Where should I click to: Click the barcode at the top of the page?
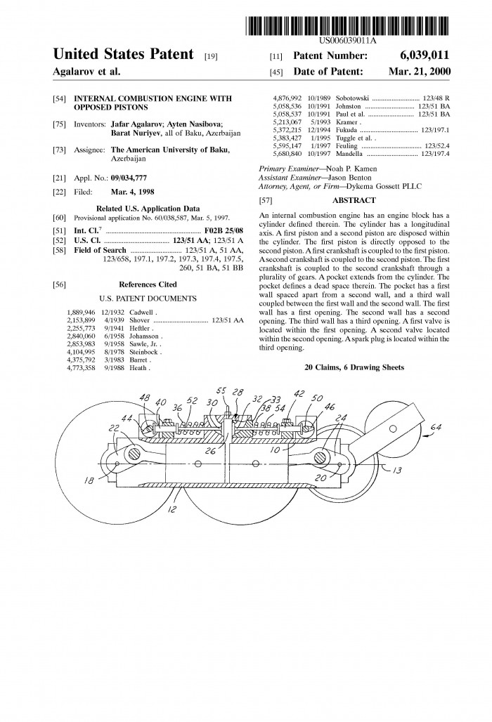coord(349,26)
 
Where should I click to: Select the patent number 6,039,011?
coord(425,55)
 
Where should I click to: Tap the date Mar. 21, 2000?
coord(419,72)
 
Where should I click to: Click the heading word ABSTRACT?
coord(354,200)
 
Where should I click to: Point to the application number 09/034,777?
coord(129,178)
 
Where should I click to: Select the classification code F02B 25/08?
coord(224,230)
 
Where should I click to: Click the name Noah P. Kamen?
coord(351,169)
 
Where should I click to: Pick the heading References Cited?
coord(148,284)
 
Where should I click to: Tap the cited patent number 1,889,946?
coord(81,313)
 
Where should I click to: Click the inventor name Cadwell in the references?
coord(141,313)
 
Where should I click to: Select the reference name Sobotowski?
coord(352,98)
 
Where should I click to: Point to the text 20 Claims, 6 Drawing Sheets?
coord(354,367)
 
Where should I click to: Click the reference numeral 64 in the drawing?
coord(436,427)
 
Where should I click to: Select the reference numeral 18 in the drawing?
coord(89,480)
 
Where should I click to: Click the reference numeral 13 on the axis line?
coord(397,470)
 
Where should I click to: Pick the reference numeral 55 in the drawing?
coord(221,391)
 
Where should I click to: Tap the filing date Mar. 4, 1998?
coord(133,192)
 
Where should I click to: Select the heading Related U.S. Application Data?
coord(148,209)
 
